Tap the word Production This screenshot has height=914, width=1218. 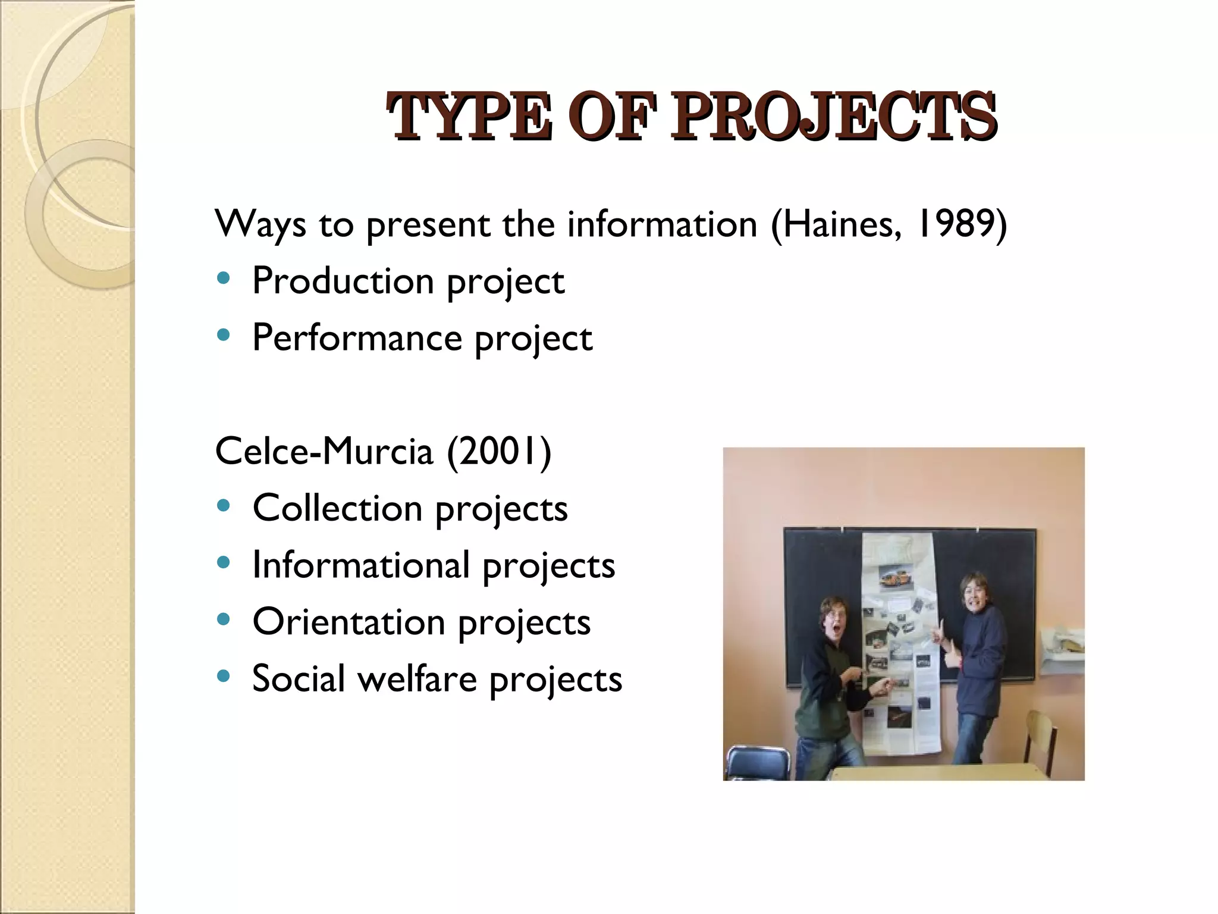[343, 281]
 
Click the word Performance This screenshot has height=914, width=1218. [357, 338]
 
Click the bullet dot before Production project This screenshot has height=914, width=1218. [224, 278]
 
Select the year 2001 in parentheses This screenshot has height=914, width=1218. [498, 451]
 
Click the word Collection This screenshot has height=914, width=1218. [337, 509]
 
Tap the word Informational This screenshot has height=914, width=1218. [360, 565]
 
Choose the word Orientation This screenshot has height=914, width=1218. [349, 622]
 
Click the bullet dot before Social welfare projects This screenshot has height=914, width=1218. [224, 676]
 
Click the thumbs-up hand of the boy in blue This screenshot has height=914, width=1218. [952, 656]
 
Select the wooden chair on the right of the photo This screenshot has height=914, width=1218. [1041, 738]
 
